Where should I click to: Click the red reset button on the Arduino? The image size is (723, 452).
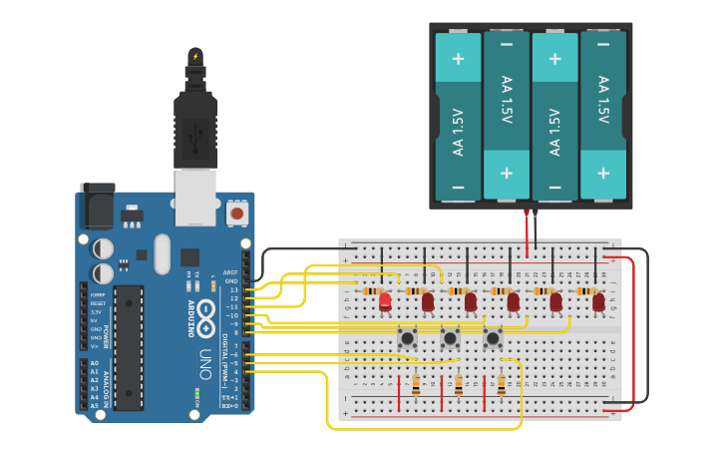[237, 213]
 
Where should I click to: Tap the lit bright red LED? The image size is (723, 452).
[385, 300]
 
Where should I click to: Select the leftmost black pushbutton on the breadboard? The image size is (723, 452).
[407, 339]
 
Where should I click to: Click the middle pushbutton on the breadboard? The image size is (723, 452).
[450, 339]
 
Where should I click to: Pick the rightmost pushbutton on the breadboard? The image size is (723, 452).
[493, 339]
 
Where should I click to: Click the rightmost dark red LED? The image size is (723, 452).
[598, 301]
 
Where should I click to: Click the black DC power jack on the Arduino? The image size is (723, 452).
[97, 208]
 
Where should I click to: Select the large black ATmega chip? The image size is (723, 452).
[128, 347]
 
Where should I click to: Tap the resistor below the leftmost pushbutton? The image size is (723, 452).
[416, 384]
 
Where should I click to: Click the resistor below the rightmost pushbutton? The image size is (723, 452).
[502, 384]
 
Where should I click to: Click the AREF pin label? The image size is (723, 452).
[230, 271]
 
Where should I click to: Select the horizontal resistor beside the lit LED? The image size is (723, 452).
[373, 290]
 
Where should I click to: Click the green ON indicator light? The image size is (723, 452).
[196, 394]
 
